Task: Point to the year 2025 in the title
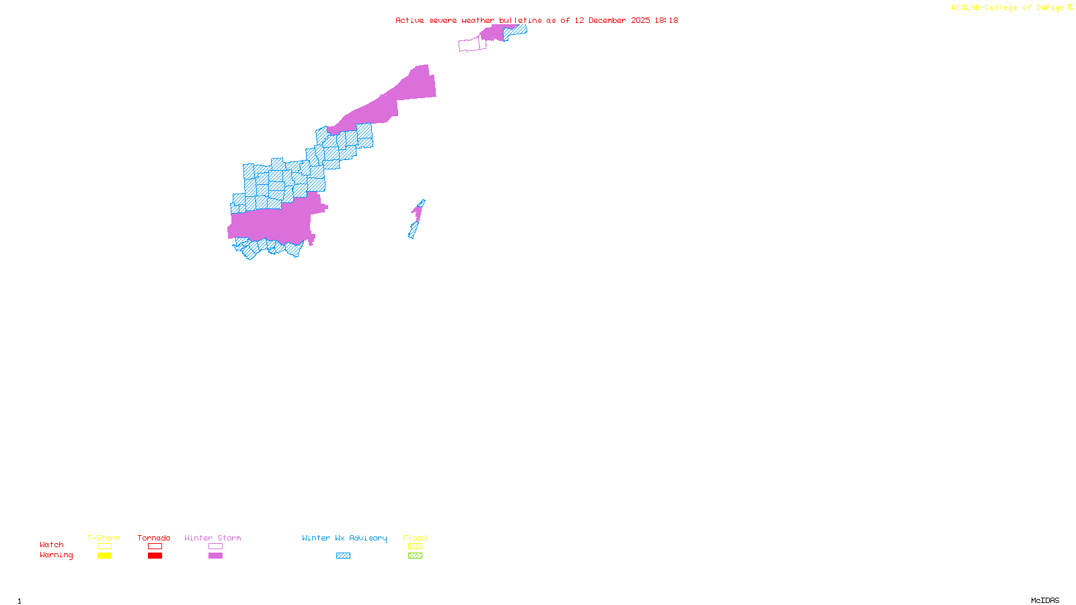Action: point(640,20)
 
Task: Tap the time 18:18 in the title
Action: point(666,20)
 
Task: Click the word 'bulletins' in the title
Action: point(521,20)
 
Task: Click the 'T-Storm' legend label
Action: point(104,538)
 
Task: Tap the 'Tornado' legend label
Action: point(154,538)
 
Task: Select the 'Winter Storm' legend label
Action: point(213,538)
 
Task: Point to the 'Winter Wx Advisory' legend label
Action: point(344,538)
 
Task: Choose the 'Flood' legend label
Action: point(415,538)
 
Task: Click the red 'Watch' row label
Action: point(52,544)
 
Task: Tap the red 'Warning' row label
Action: point(56,555)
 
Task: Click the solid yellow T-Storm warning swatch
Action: point(104,556)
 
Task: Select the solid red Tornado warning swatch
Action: point(155,556)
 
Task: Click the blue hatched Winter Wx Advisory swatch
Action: point(343,556)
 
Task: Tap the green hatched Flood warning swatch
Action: point(415,556)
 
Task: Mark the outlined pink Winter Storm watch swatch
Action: point(215,547)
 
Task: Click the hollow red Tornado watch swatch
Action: point(155,547)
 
